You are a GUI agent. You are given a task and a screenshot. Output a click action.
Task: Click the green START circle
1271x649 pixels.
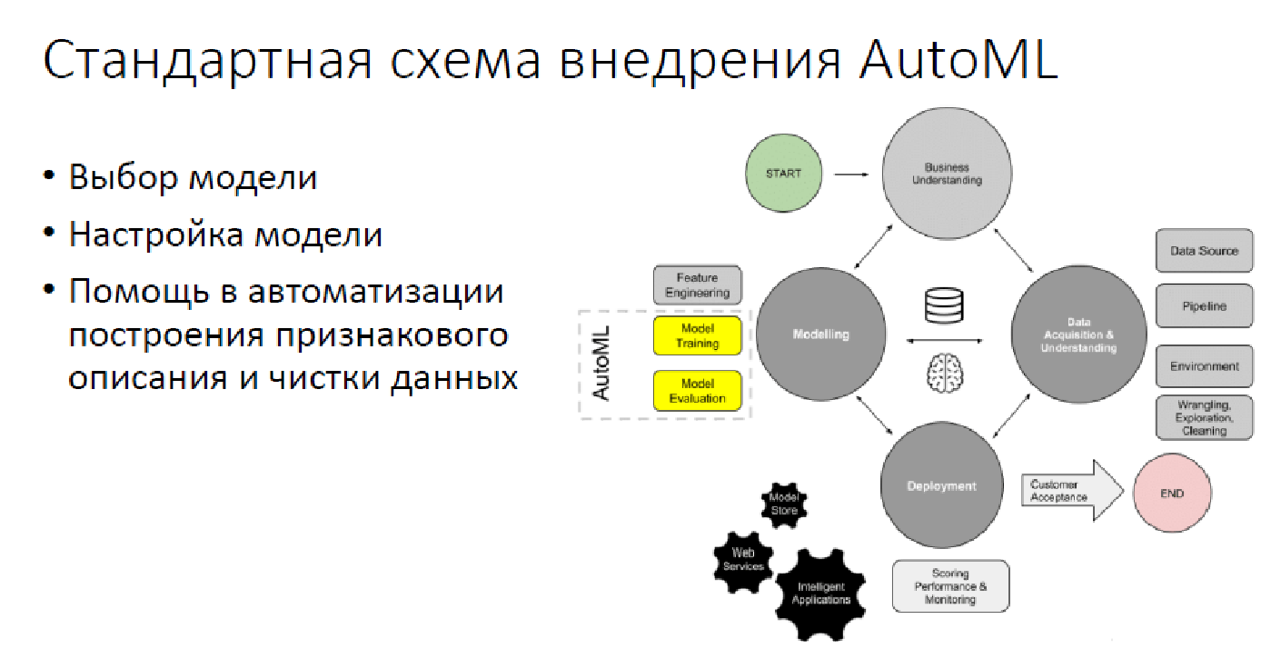783,173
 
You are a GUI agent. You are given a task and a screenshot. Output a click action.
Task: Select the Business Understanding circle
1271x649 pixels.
946,174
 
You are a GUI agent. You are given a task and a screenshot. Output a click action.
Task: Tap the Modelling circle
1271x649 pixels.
821,334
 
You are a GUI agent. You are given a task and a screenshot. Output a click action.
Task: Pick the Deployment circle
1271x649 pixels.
941,486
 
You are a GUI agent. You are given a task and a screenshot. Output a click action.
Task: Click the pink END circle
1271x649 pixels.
1171,494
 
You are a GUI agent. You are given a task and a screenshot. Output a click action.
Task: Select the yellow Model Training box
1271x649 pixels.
698,336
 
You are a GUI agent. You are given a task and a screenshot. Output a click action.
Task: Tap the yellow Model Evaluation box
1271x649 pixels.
698,391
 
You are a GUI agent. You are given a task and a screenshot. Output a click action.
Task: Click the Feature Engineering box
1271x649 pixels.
698,285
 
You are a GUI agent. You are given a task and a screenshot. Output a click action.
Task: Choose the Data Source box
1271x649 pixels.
1204,251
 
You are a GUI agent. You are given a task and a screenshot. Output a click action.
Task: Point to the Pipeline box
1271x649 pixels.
1204,306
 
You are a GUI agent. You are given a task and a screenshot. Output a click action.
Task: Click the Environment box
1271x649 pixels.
1204,366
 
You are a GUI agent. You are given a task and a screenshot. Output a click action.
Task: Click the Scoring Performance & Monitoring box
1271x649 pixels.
950,586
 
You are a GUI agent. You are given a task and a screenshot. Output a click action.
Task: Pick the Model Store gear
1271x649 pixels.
784,505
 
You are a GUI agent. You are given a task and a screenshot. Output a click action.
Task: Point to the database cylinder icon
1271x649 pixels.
943,306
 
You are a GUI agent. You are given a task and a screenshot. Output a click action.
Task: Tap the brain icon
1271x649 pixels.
945,373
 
